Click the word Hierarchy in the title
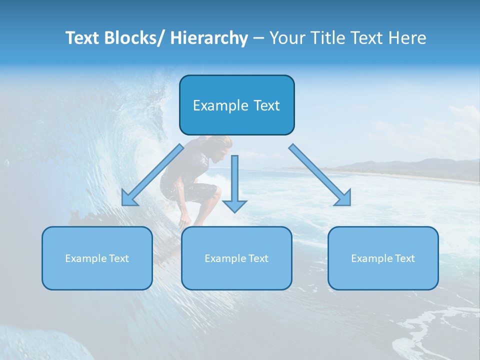tap(209, 38)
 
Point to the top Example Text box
tap(236, 105)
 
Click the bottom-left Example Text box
tap(97, 258)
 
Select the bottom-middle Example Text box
tap(236, 258)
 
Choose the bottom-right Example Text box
tap(383, 258)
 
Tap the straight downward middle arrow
tap(234, 182)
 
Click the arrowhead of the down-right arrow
tap(343, 198)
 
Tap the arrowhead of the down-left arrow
tap(128, 199)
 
